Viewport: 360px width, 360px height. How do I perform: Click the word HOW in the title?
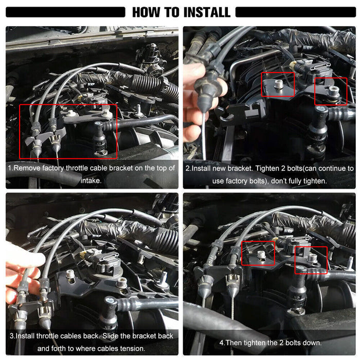(x=146, y=12)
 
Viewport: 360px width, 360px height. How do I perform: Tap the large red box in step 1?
(x=20, y=131)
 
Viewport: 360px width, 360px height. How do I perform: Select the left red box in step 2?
(x=262, y=84)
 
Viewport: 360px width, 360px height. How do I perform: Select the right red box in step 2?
(x=315, y=91)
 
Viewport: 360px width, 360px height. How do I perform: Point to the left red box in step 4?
(x=242, y=253)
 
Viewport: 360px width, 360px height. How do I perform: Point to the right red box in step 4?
(x=295, y=260)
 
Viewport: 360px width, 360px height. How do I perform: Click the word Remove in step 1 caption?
(x=27, y=168)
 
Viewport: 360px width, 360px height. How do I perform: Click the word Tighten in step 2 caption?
(x=267, y=169)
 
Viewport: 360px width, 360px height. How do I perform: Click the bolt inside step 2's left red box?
(x=278, y=84)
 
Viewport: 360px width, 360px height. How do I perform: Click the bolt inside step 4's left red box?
(x=261, y=255)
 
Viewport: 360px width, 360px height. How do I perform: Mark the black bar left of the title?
(x=65, y=12)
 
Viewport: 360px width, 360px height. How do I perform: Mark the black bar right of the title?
(x=296, y=12)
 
